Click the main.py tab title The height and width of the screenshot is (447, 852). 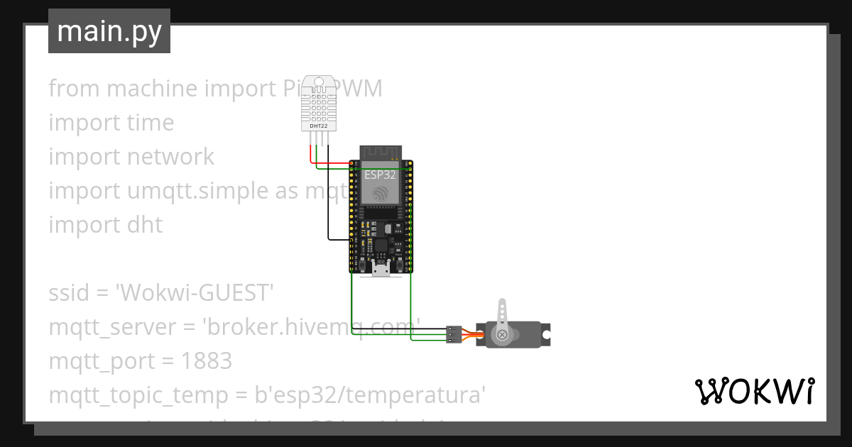point(109,31)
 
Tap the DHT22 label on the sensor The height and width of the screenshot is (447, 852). point(319,126)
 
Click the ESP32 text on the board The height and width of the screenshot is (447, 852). point(380,175)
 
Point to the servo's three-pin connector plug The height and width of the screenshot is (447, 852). point(454,333)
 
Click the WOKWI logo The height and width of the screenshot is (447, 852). point(754,391)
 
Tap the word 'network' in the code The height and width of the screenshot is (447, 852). point(170,157)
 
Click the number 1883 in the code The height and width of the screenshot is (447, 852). point(206,361)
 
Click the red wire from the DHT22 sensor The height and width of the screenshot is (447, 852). point(310,153)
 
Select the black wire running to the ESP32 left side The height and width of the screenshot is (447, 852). point(328,206)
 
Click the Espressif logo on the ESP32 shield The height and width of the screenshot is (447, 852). point(381,192)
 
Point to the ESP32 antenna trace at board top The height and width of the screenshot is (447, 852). point(381,153)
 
